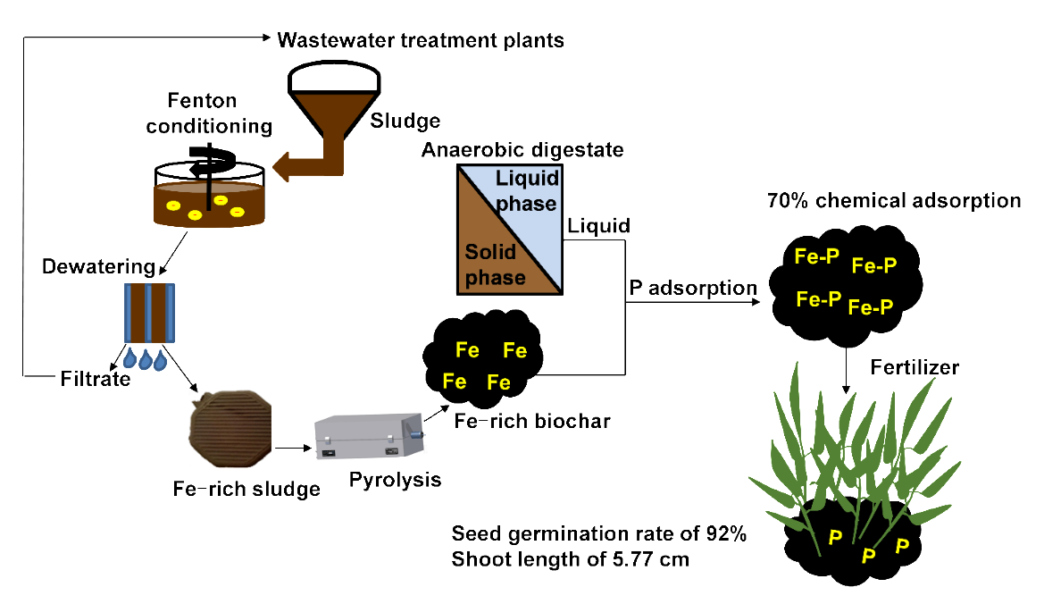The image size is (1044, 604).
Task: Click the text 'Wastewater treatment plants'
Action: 421,40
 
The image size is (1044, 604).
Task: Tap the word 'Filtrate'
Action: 95,379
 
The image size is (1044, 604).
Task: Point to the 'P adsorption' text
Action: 693,288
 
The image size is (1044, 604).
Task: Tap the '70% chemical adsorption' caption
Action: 893,201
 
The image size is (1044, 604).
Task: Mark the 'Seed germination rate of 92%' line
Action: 598,535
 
